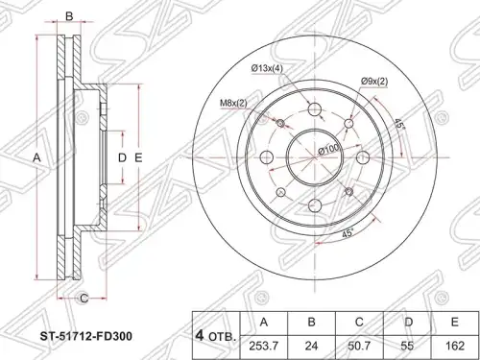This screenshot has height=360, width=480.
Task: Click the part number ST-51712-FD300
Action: [85, 336]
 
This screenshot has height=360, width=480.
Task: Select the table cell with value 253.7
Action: [264, 347]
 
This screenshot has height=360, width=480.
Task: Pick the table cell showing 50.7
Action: [359, 347]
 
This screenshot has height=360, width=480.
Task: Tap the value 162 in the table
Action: [455, 347]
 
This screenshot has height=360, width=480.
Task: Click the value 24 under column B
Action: [312, 347]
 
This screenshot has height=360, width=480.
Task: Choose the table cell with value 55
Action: [407, 347]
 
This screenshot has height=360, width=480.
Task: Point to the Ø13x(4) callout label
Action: [267, 68]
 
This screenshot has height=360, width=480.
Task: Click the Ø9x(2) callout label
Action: [374, 82]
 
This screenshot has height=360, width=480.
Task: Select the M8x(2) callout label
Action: [233, 103]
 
